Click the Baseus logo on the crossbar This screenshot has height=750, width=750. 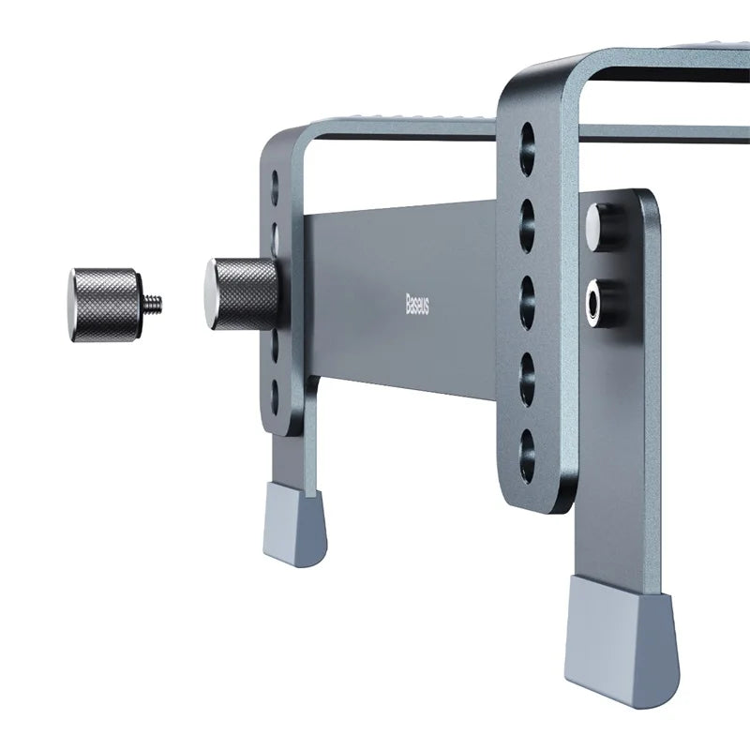coord(417,303)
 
